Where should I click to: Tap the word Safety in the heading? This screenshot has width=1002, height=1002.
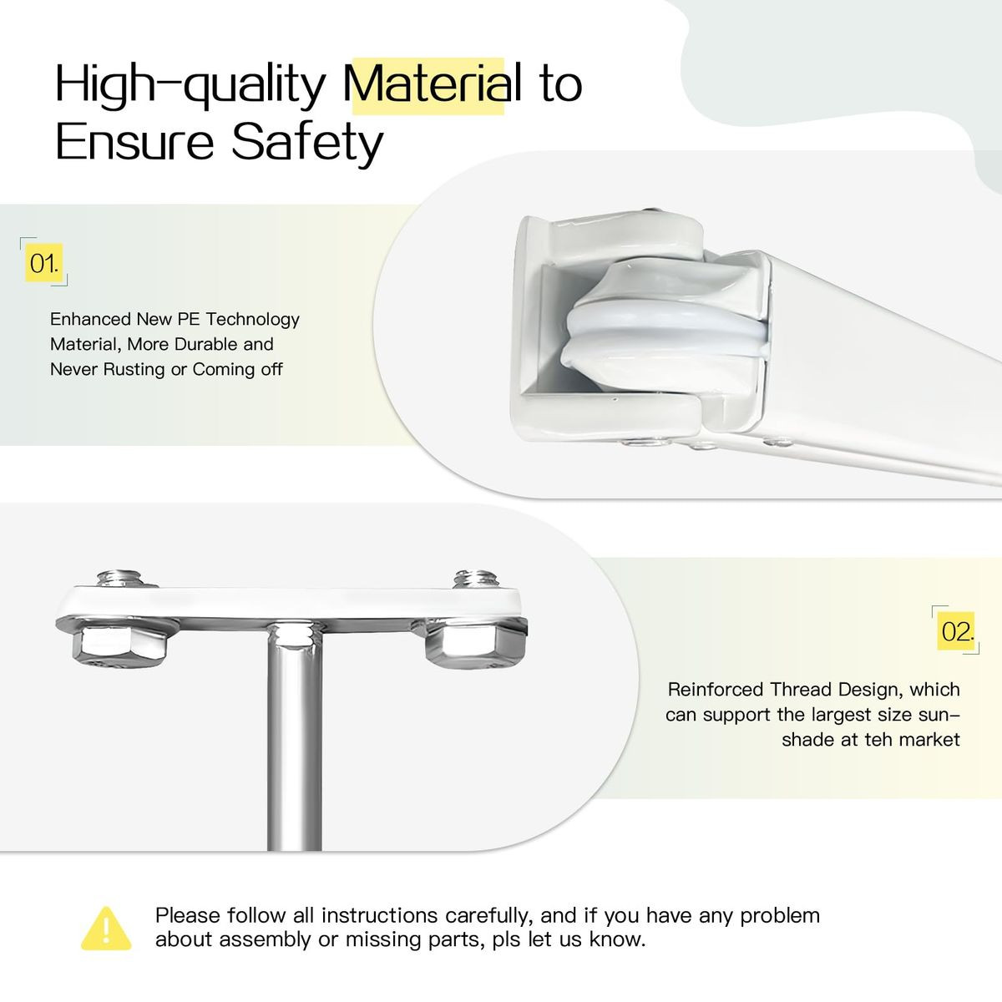306,142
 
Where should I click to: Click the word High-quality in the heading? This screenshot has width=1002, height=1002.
190,85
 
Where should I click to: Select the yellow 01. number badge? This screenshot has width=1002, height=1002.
44,264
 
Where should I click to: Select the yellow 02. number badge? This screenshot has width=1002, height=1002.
957,631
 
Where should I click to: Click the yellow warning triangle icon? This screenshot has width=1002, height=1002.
106,929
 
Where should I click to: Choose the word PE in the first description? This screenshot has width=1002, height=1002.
189,319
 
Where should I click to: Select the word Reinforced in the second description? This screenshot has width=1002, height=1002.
715,690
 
